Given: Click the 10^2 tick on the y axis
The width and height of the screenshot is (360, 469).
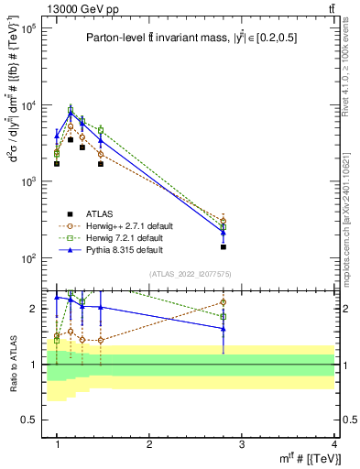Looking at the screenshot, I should click(29, 258).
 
